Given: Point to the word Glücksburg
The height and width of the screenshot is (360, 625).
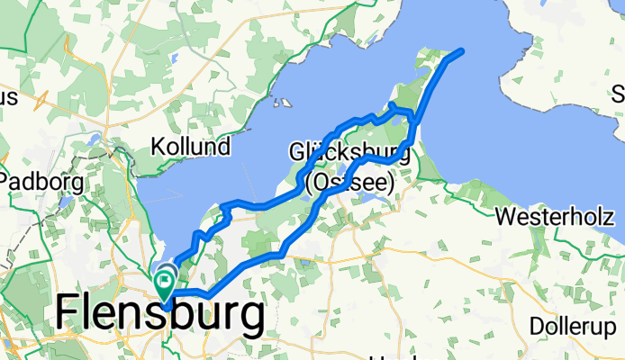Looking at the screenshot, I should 350,151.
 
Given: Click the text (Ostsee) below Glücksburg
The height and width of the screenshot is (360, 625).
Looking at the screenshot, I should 351,183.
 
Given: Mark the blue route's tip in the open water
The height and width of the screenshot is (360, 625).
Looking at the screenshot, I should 462,50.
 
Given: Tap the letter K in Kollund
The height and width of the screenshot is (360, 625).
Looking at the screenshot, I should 158,146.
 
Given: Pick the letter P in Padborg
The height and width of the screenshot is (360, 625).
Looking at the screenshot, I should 12,181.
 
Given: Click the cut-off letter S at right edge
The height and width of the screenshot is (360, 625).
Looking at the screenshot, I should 619,94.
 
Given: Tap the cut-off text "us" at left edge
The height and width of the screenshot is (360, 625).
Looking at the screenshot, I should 8,97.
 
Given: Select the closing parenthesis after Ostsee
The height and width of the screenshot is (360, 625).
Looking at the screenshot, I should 392,183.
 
